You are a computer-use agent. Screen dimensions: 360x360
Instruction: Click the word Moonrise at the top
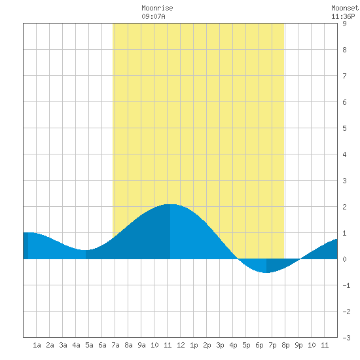click(157, 8)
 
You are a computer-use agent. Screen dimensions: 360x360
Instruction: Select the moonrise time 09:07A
click(153, 16)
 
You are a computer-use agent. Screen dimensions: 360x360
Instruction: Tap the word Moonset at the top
click(345, 8)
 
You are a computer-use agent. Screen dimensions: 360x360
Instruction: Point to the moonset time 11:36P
click(343, 16)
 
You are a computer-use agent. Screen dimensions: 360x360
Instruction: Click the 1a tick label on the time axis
click(37, 345)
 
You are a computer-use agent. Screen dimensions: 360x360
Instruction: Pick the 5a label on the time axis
click(89, 345)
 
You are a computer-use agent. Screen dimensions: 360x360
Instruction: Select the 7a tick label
click(115, 345)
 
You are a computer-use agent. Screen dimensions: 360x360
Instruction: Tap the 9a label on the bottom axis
click(141, 345)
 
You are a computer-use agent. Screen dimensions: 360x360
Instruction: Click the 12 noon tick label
click(181, 345)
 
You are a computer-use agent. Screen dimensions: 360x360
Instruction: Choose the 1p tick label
click(194, 345)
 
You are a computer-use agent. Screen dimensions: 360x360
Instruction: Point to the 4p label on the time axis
click(233, 345)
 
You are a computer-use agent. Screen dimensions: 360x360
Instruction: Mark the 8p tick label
click(285, 345)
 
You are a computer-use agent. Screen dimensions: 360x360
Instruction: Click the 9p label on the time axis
click(298, 345)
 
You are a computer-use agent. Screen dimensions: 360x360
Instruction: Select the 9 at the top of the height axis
click(344, 24)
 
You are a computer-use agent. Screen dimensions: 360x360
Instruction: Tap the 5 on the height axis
click(344, 128)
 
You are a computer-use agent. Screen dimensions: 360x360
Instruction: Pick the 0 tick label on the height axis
click(344, 259)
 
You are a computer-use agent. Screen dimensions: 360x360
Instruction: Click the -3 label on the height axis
click(346, 338)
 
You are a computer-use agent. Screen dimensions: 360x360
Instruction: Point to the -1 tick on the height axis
click(346, 285)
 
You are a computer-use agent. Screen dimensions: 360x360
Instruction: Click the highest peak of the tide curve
click(170, 204)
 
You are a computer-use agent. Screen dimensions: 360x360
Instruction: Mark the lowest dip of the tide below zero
click(266, 272)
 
